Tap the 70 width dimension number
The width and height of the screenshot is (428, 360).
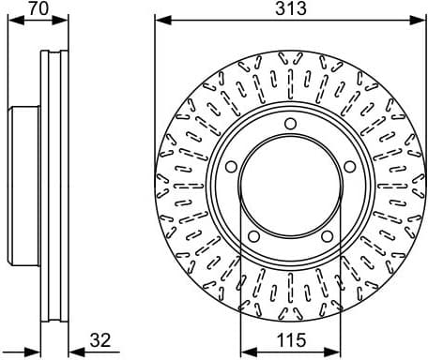tap(38, 9)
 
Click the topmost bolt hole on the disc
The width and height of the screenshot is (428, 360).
tap(290, 125)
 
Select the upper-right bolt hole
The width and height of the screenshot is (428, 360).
tap(349, 167)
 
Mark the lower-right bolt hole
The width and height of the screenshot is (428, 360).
tap(326, 236)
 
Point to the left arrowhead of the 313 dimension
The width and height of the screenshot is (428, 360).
tap(160, 21)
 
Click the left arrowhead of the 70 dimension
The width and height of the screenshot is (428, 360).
tap(11, 21)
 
